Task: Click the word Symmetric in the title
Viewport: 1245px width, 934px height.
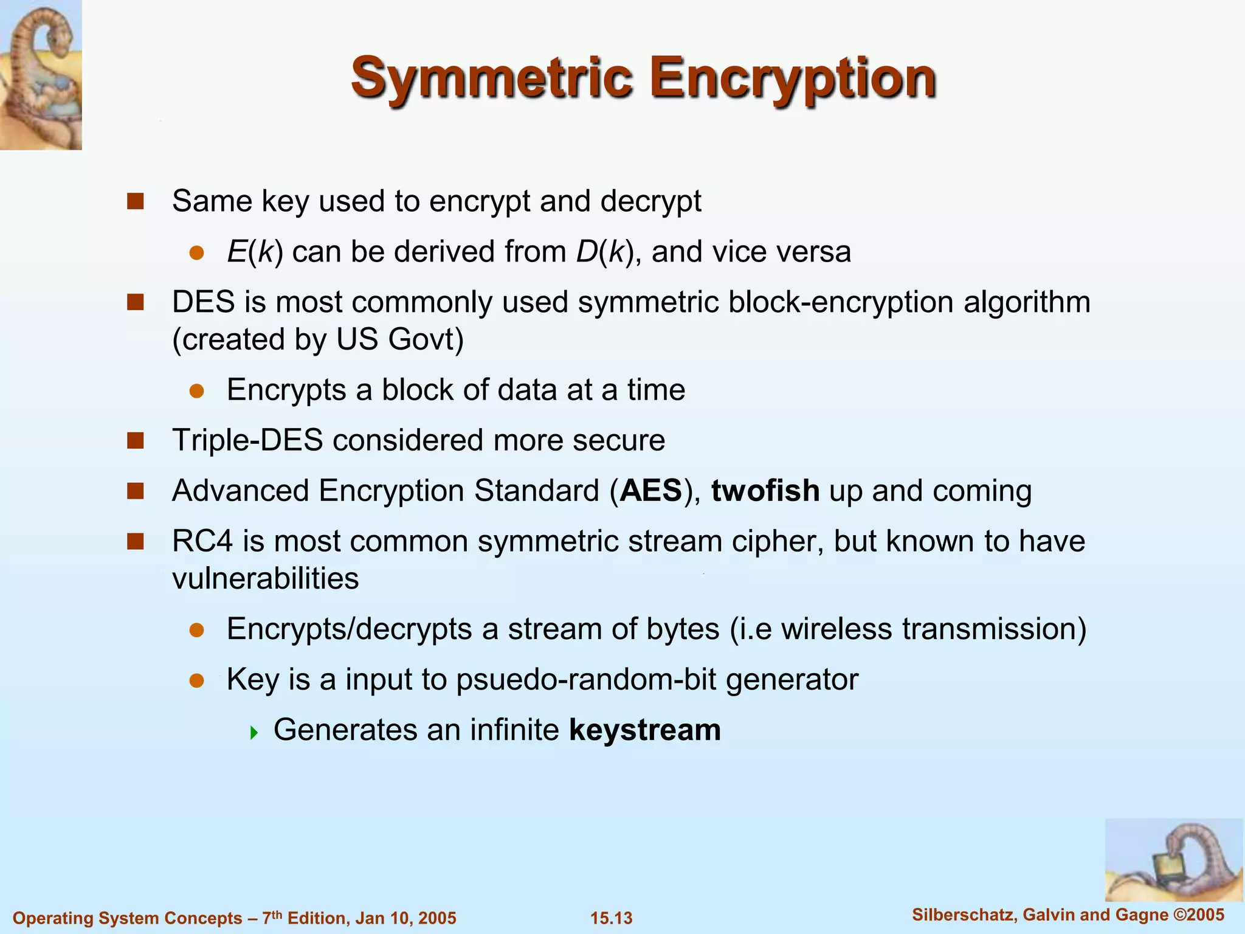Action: [491, 79]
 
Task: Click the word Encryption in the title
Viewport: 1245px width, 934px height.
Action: [793, 79]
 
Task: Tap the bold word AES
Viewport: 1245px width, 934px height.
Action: [650, 491]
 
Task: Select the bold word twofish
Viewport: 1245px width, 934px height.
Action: [765, 491]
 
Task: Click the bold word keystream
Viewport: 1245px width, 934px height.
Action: [644, 730]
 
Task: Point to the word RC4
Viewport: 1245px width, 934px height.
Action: [202, 541]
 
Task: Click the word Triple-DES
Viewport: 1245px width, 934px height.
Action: [247, 440]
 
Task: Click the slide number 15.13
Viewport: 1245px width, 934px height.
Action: [611, 918]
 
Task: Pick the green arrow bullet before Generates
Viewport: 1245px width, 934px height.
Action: [254, 732]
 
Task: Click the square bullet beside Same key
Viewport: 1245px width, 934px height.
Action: [135, 201]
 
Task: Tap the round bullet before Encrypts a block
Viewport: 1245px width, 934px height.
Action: [196, 391]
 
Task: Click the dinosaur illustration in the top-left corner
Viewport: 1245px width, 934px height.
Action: [40, 74]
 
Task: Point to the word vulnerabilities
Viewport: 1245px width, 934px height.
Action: [265, 578]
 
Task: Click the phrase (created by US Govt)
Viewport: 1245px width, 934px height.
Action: [317, 339]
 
